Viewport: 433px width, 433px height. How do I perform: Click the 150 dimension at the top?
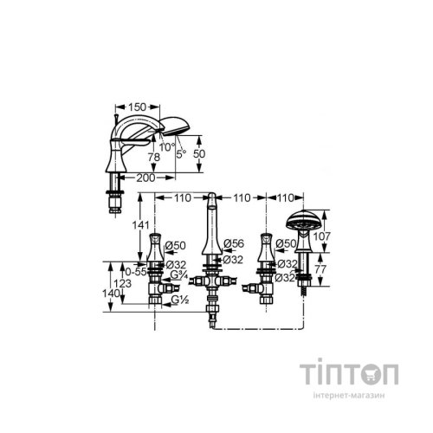click(137, 107)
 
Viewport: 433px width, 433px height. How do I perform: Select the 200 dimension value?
click(145, 178)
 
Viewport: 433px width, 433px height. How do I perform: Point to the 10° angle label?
click(167, 147)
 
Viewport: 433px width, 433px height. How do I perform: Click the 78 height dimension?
click(154, 158)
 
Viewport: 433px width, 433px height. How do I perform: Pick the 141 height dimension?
click(140, 225)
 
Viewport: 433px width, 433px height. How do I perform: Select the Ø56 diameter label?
click(234, 243)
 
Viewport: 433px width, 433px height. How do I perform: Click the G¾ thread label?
click(179, 275)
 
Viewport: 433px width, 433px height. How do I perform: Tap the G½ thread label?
click(180, 301)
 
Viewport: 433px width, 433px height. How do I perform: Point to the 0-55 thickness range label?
click(136, 272)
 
